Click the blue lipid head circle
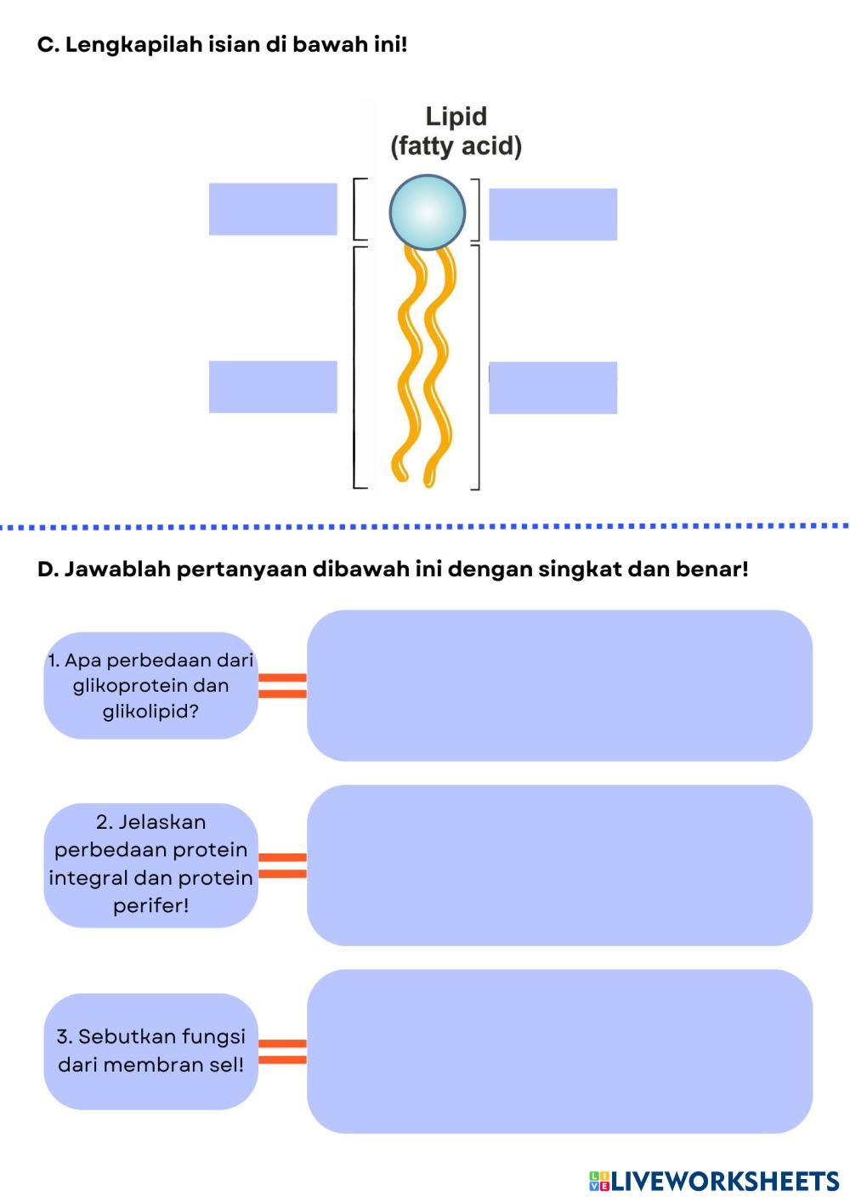pos(428,213)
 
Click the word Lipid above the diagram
pos(456,116)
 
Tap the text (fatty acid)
pos(456,146)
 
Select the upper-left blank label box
pos(273,209)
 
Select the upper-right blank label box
pos(552,214)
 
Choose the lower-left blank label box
pos(273,387)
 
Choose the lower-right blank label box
pos(552,388)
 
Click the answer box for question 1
pos(559,685)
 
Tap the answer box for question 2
pos(559,865)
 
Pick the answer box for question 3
pos(559,1051)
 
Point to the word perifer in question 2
pos(148,905)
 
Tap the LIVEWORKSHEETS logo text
pos(724,1181)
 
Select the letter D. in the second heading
pos(48,569)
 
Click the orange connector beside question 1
pos(282,685)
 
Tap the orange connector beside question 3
pos(282,1052)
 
